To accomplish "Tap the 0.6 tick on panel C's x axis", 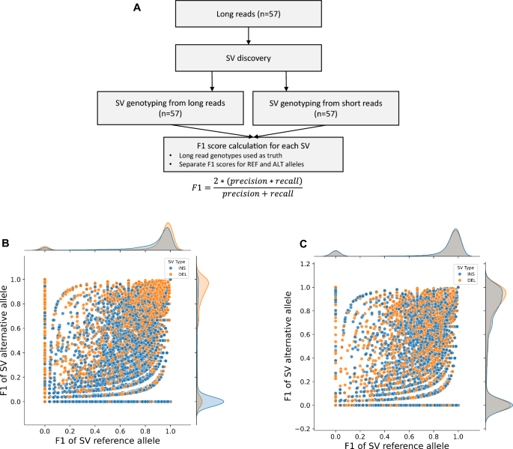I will pyautogui.click(x=407, y=436).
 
